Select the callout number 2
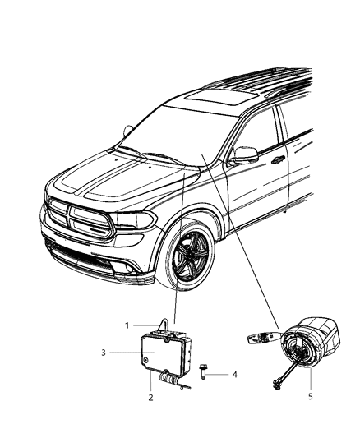click(x=150, y=397)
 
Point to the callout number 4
click(x=234, y=375)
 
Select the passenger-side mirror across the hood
click(x=128, y=130)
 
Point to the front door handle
click(x=278, y=159)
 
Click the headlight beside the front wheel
click(x=135, y=219)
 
